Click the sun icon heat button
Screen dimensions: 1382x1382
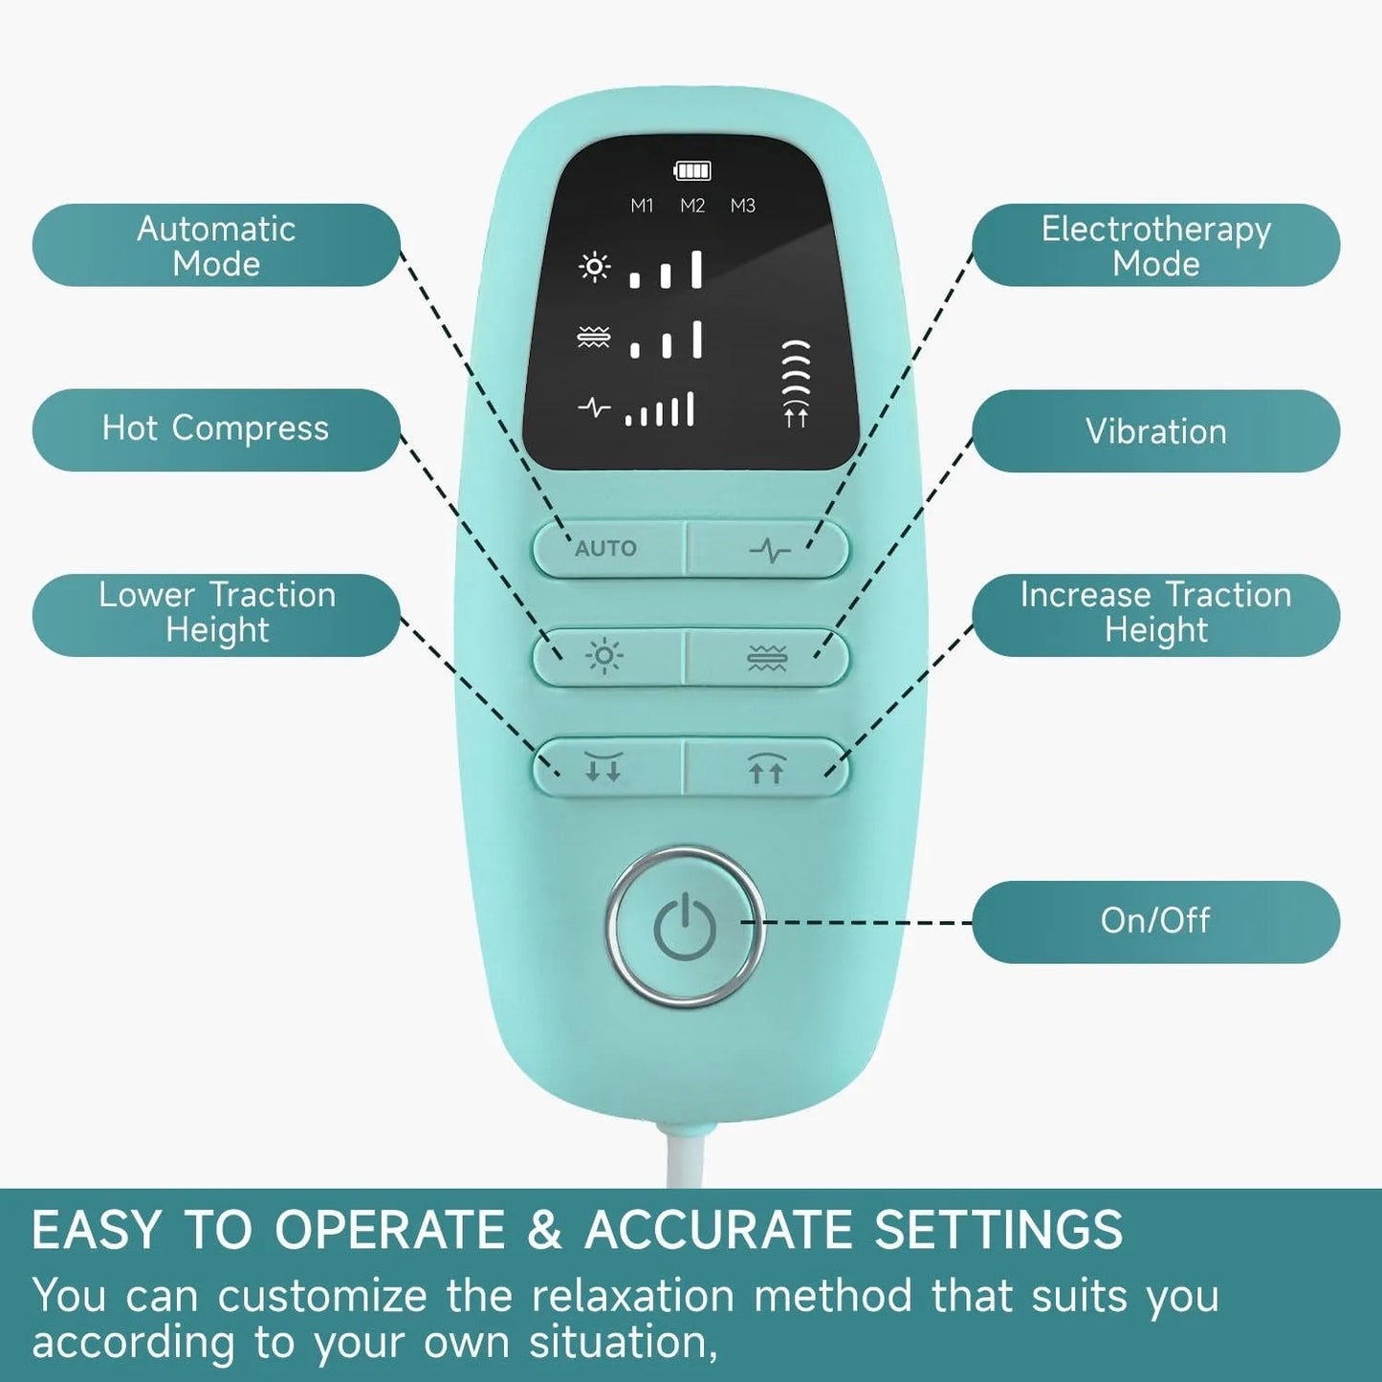point(604,657)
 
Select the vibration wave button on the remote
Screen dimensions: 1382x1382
point(766,658)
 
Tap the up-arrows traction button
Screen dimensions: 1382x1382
point(765,768)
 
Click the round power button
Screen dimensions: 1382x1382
point(685,926)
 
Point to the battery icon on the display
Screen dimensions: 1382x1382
point(692,171)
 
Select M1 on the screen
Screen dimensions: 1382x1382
point(642,206)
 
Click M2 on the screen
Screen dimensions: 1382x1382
point(692,206)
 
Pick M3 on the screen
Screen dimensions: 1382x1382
point(743,206)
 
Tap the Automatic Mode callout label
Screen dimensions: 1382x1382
point(216,246)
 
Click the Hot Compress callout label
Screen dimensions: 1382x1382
point(216,429)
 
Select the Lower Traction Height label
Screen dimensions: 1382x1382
point(216,614)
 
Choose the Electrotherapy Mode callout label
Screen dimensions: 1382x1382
point(1155,246)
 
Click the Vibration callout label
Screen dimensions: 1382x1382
point(1155,431)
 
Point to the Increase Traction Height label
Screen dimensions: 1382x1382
point(1155,614)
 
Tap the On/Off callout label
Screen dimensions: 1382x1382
point(1155,921)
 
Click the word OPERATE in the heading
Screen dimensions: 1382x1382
point(389,1230)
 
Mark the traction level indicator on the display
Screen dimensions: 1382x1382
point(796,383)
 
